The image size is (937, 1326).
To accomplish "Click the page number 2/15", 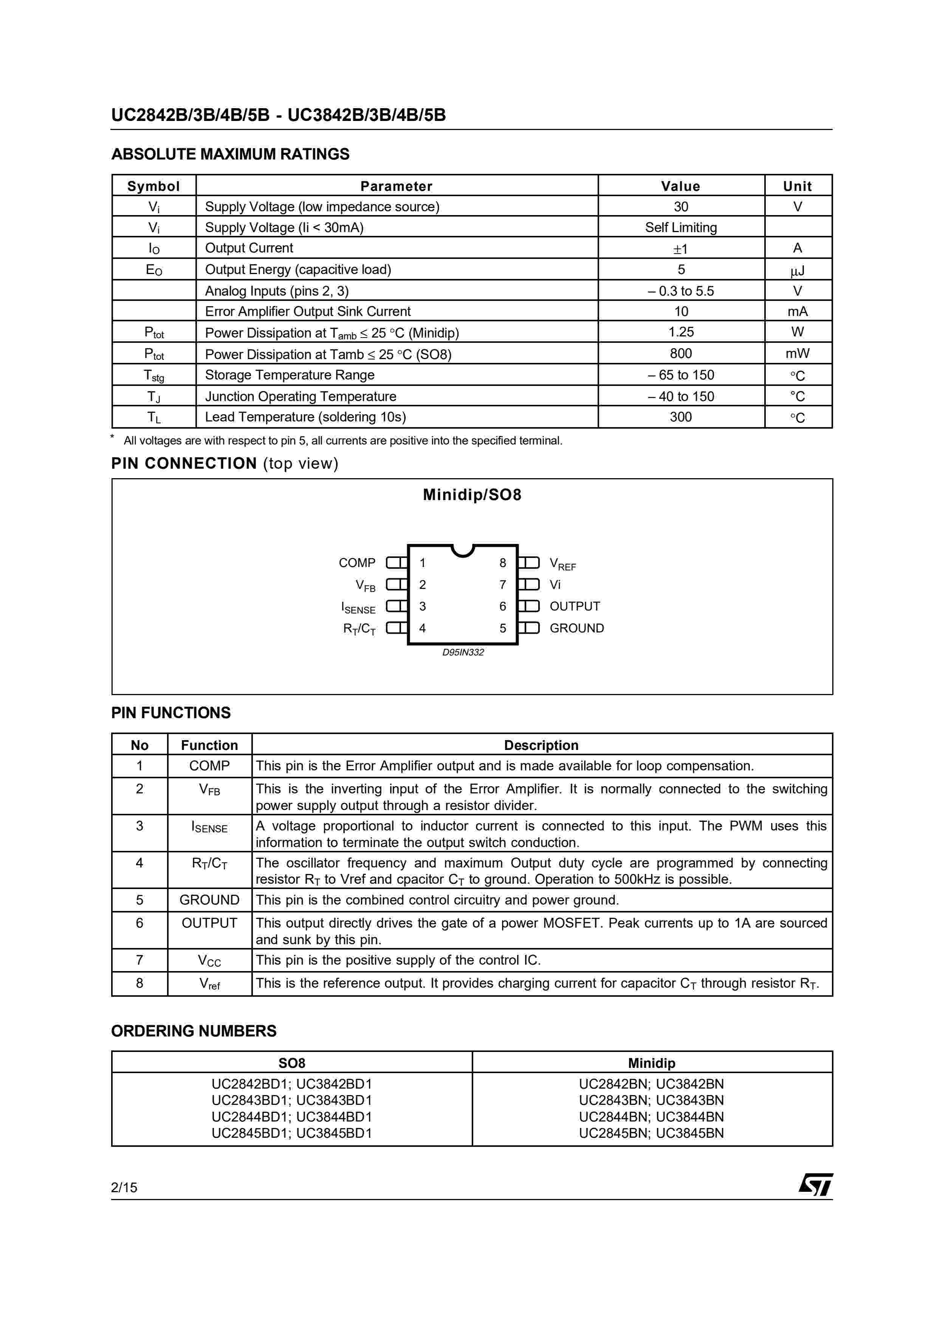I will (x=124, y=1187).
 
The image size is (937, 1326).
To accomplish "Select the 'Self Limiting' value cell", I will (x=681, y=228).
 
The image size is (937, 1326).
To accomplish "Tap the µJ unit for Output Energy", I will (x=797, y=270).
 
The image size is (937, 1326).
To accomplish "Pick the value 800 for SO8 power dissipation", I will (x=681, y=353).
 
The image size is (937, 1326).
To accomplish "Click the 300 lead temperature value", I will (x=681, y=417).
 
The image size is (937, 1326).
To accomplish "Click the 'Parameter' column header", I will (x=396, y=186).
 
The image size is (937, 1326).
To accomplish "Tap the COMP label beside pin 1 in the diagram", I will (x=357, y=562).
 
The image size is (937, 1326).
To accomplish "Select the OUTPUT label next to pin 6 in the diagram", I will (x=575, y=606).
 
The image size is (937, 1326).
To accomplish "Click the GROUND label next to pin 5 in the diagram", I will (x=576, y=628).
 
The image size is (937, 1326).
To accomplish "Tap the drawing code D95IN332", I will (x=463, y=652).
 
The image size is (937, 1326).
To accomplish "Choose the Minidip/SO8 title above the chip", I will (x=472, y=495).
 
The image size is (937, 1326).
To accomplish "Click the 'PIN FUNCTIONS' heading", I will (x=171, y=713).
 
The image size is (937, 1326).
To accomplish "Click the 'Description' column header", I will (x=541, y=745).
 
